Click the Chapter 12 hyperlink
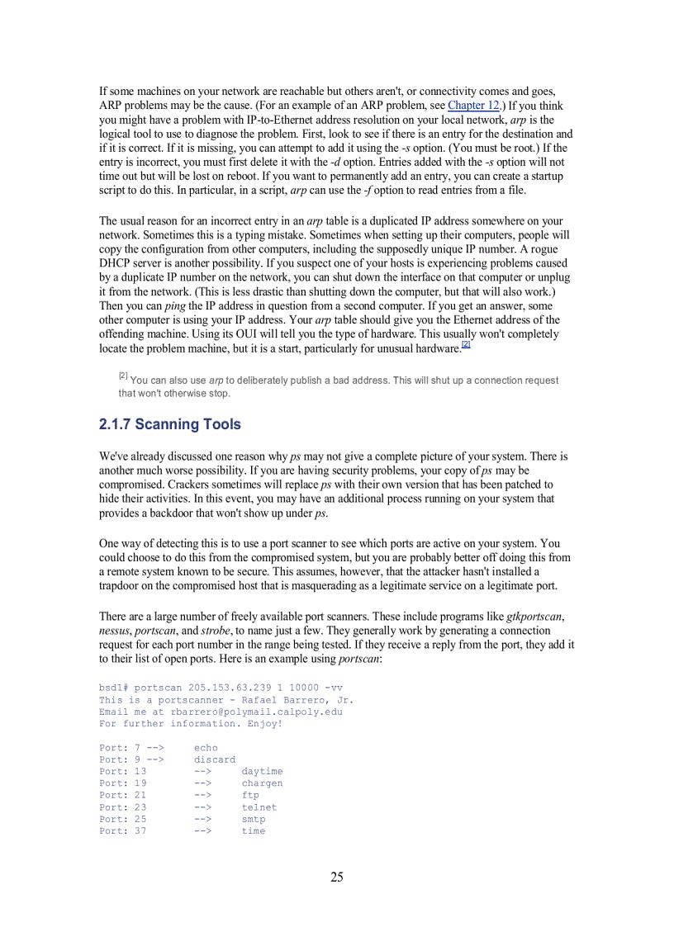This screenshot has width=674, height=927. point(474,106)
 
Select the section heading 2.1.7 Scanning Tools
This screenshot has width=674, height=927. point(170,424)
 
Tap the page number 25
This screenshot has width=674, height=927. point(337,877)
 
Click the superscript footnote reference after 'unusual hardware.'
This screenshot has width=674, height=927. point(466,345)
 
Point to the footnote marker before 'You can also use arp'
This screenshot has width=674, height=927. point(123,376)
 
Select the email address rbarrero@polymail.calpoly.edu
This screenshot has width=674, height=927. point(256,712)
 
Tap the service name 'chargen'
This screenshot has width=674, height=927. point(262,783)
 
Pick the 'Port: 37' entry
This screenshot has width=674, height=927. point(122,831)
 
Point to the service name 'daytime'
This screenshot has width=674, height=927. point(262,771)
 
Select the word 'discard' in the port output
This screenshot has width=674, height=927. point(215,759)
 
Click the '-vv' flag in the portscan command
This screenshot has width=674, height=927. point(334,688)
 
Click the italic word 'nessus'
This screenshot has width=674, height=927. point(115,630)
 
